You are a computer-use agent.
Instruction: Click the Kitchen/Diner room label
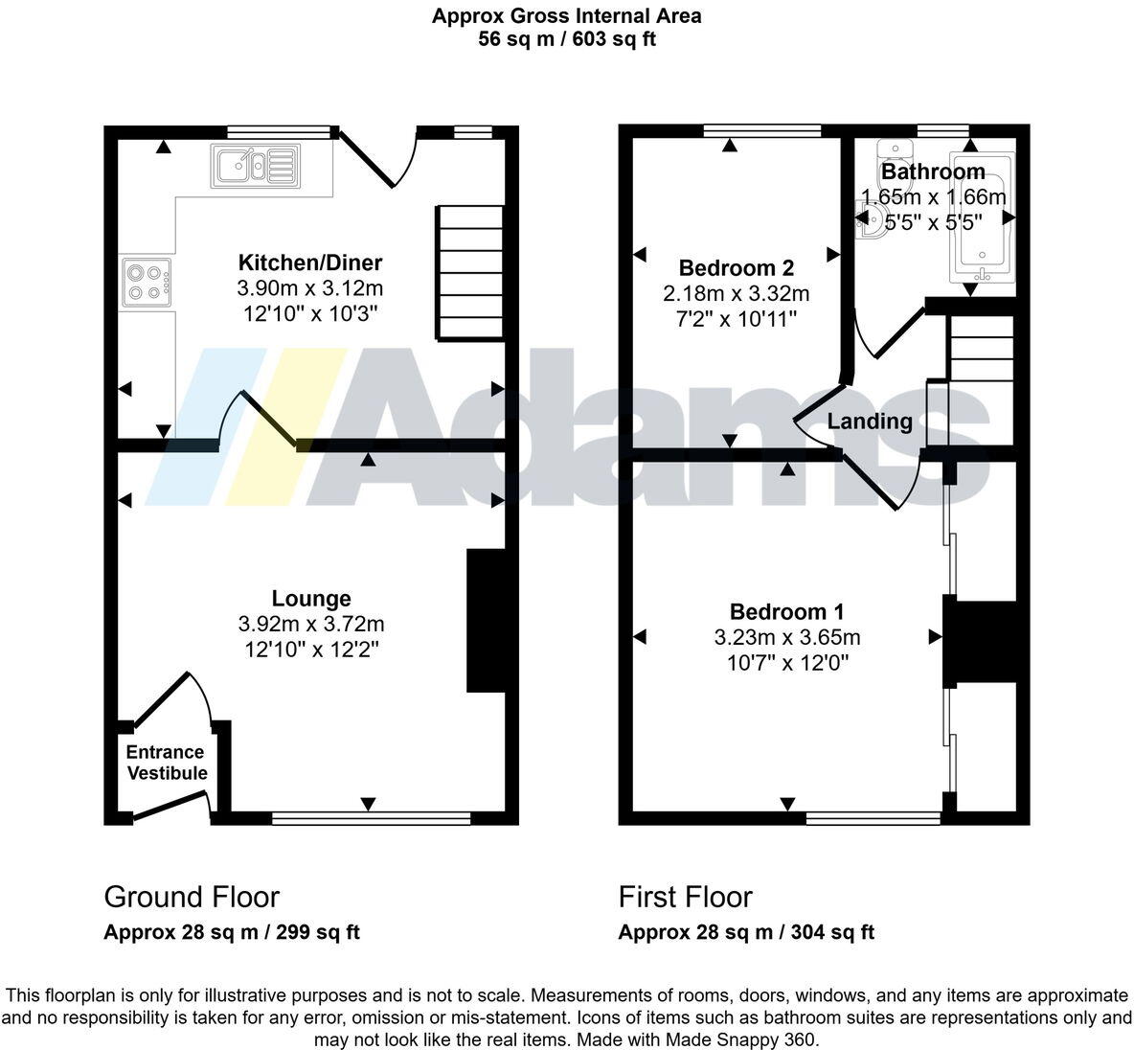click(x=309, y=262)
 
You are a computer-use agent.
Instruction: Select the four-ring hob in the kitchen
click(x=147, y=282)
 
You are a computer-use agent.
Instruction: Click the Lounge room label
click(x=311, y=599)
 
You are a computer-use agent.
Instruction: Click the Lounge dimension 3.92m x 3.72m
click(x=311, y=625)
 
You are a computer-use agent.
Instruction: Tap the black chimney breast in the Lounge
click(x=486, y=620)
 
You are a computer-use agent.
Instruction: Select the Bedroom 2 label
click(x=736, y=267)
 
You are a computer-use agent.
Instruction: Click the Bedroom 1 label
click(x=786, y=611)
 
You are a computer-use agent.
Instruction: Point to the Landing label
click(x=870, y=421)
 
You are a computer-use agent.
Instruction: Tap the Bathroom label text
click(x=933, y=171)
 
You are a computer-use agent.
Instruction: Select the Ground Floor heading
click(x=192, y=897)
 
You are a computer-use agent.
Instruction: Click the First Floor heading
click(x=685, y=897)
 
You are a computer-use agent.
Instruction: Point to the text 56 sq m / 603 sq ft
click(x=567, y=39)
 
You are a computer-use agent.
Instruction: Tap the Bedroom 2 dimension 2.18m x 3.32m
click(x=736, y=293)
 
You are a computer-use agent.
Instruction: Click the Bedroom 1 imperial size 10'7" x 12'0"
click(x=787, y=662)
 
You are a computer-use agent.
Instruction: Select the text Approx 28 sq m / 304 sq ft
click(x=746, y=932)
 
